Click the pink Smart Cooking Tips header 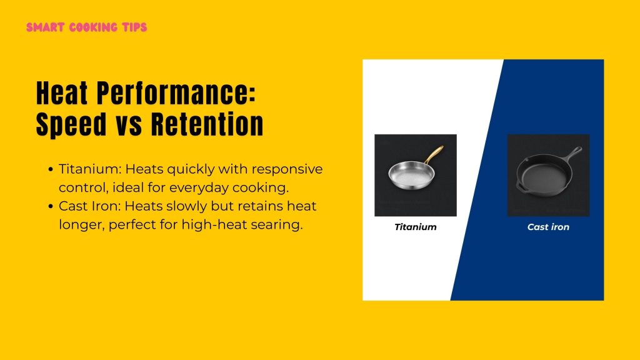pos(87,28)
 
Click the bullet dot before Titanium pos(50,169)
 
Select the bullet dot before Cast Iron pos(50,207)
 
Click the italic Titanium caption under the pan pos(415,227)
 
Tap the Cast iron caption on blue pos(548,227)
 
